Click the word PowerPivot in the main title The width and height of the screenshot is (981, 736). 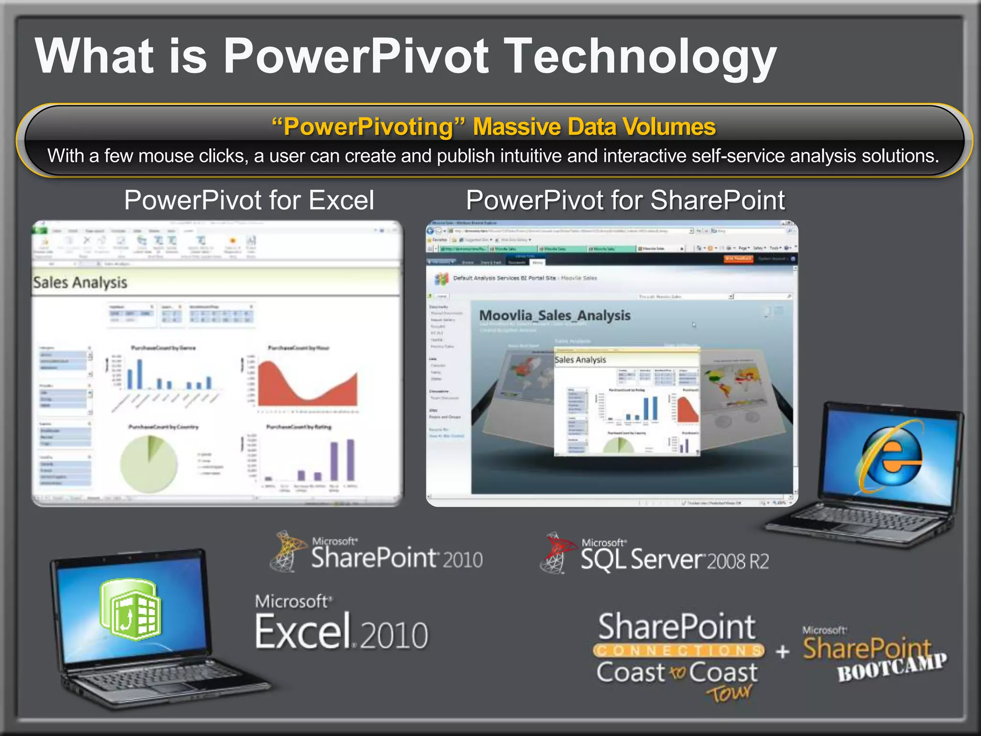(356, 57)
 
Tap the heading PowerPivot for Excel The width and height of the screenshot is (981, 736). (249, 200)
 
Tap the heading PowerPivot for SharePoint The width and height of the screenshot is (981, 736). (625, 200)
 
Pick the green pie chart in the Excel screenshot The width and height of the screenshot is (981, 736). (148, 464)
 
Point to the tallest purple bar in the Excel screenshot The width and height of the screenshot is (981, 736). (351, 460)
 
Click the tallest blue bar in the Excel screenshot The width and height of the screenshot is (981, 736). (139, 374)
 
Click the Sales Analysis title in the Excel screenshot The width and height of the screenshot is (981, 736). (80, 283)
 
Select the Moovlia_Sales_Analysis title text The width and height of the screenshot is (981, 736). (555, 315)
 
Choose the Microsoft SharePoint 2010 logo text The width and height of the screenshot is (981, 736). (397, 557)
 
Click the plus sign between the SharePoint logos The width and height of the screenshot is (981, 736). (783, 651)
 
